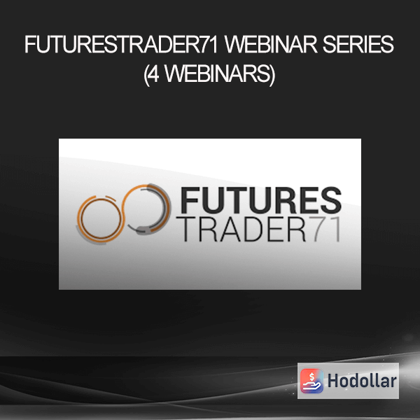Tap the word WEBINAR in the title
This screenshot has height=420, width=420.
pyautogui.click(x=271, y=45)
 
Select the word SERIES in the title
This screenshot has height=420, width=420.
pyautogui.click(x=358, y=45)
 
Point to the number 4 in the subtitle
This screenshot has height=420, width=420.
pyautogui.click(x=154, y=74)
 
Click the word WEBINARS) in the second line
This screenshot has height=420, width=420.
pyautogui.click(x=220, y=75)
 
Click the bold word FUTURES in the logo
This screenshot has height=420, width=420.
pyautogui.click(x=260, y=199)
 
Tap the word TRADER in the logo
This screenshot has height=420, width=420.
pyautogui.click(x=244, y=230)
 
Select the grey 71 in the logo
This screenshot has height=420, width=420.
pyautogui.click(x=327, y=230)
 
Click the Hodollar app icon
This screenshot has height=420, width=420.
pyautogui.click(x=311, y=381)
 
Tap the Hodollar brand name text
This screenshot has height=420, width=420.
pyautogui.click(x=362, y=381)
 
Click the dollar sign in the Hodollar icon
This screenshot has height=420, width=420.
pyautogui.click(x=311, y=377)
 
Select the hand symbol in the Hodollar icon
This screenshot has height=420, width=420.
pyautogui.click(x=311, y=386)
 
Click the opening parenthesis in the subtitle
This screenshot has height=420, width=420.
pyautogui.click(x=146, y=76)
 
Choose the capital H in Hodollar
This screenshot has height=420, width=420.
pyautogui.click(x=333, y=381)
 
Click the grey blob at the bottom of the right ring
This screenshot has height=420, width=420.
pyautogui.click(x=143, y=230)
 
